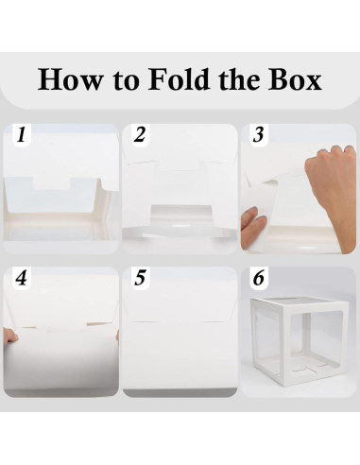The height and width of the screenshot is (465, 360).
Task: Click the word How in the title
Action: point(70,79)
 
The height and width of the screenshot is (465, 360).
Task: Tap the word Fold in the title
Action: point(179,78)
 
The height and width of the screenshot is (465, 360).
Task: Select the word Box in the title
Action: point(295,79)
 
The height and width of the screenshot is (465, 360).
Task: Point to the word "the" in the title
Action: point(238,78)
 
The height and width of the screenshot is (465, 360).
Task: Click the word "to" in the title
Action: point(126,80)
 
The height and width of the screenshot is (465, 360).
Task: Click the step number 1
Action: point(22,134)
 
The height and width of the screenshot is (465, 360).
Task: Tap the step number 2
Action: point(140,134)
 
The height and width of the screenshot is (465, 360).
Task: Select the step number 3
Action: point(258,134)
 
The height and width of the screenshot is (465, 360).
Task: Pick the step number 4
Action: point(21,278)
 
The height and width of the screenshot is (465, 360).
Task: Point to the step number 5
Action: point(140,278)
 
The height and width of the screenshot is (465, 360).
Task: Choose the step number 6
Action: point(259,278)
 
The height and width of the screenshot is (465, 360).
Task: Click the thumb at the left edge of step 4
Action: point(10,336)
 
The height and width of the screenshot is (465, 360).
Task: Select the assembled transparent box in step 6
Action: point(300,341)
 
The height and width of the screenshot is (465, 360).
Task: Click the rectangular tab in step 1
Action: point(52,183)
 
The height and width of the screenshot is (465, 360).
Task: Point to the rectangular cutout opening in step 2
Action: point(180,215)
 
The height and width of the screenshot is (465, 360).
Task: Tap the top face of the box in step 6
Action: point(300,302)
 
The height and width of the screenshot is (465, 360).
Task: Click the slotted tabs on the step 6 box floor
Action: point(310,368)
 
